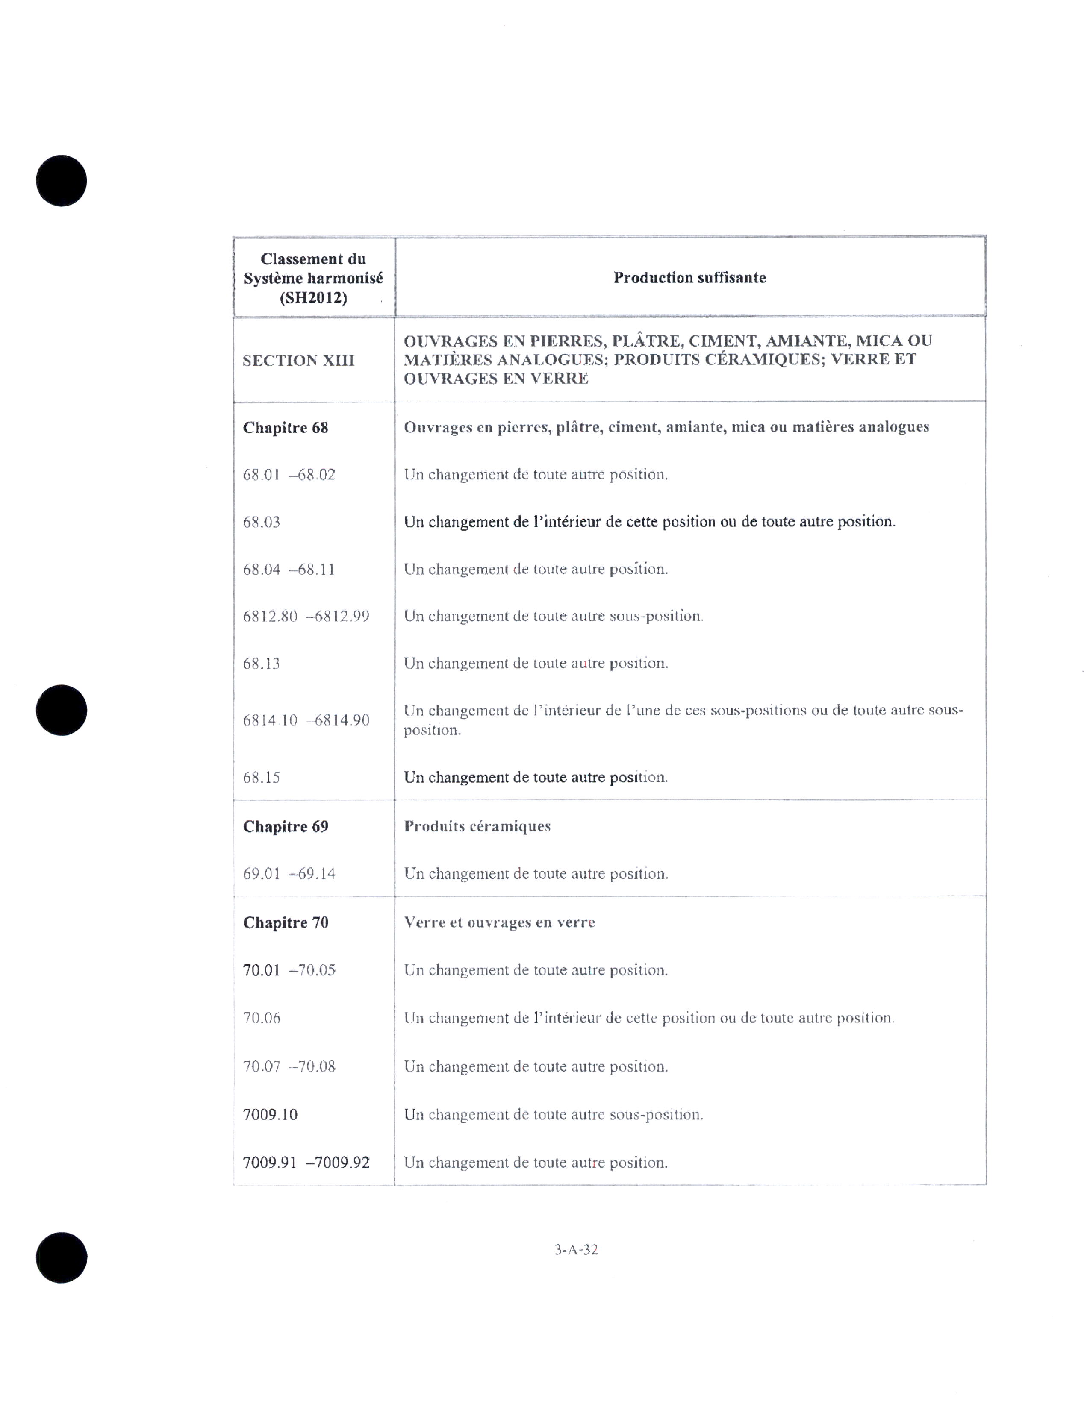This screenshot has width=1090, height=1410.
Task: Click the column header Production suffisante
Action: (x=689, y=278)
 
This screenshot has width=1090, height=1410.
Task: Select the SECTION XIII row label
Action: (x=298, y=360)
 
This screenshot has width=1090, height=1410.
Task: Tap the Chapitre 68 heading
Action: (x=286, y=427)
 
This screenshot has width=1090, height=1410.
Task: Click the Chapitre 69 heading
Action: (x=286, y=826)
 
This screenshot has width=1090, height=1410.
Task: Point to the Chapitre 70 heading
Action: (x=286, y=922)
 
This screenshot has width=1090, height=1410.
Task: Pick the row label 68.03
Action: (x=262, y=522)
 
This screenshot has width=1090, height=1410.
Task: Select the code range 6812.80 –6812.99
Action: (x=306, y=616)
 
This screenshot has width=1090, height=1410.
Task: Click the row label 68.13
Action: (x=262, y=664)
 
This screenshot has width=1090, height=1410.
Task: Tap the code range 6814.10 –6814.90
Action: (x=306, y=720)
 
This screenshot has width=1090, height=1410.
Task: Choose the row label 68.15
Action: (x=262, y=777)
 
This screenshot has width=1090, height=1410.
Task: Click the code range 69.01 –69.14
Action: (x=289, y=873)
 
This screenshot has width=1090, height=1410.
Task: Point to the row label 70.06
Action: (x=262, y=1018)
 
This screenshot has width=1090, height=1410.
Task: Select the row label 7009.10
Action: (x=270, y=1114)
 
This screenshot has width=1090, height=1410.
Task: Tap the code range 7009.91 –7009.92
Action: (x=306, y=1163)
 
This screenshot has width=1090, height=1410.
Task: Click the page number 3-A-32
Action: (x=576, y=1250)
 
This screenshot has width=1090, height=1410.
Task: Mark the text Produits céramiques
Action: (x=477, y=826)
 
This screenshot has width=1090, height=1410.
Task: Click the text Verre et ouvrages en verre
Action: (x=499, y=922)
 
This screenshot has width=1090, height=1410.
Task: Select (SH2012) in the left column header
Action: (x=313, y=298)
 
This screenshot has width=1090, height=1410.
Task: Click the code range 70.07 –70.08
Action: (x=289, y=1066)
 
